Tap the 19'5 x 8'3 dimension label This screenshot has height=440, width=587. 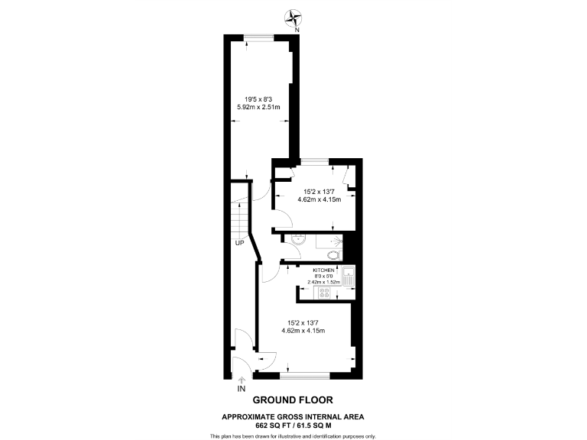point(257,99)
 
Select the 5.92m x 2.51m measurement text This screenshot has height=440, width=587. point(258,107)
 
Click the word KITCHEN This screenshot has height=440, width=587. point(323,270)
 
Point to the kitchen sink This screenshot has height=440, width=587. point(348,277)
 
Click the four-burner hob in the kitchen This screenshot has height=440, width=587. point(324,292)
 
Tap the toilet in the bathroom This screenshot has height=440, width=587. point(332,255)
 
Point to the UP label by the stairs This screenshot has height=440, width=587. point(239,244)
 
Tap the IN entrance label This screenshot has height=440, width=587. point(242,389)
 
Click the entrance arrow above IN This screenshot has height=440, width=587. point(242,379)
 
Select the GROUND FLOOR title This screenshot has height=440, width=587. point(293,400)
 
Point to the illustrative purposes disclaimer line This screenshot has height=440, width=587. point(293,435)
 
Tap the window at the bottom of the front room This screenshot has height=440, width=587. point(304,375)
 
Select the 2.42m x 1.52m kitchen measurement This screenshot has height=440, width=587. point(323,282)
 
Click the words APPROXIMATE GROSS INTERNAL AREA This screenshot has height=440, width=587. point(293,416)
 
